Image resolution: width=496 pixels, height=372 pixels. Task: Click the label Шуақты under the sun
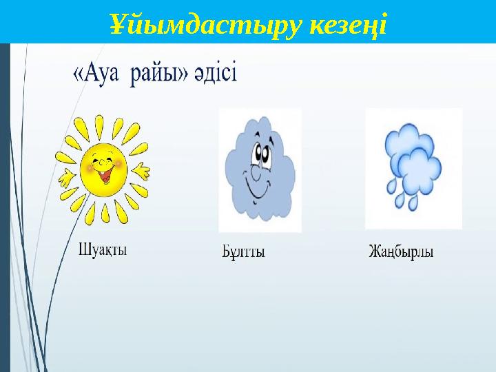point(103,249)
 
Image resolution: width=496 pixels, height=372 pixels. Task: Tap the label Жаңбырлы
point(400,251)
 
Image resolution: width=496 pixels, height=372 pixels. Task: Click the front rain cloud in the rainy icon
point(417,172)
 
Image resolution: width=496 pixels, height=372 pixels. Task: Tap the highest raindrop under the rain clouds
point(391,184)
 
